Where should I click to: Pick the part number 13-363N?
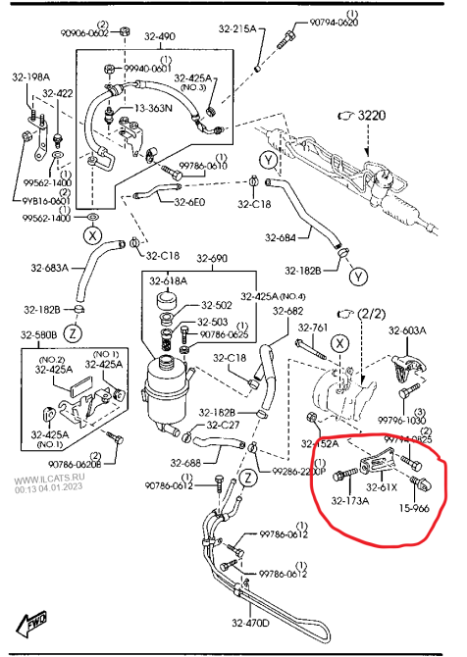click(154, 108)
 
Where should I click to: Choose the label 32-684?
click(280, 237)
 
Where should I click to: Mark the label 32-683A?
click(49, 268)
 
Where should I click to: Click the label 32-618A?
click(169, 282)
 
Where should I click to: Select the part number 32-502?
click(217, 306)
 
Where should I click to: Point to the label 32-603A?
click(406, 331)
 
